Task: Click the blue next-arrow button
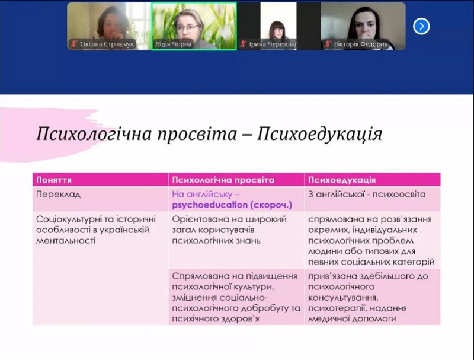[x=421, y=26]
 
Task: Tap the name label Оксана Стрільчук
[x=107, y=44]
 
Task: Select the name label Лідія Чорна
[x=173, y=44]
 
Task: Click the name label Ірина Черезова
[x=273, y=44]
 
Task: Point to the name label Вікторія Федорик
[x=361, y=44]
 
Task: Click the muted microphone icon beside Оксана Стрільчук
[x=73, y=44]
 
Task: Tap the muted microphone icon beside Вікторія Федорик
[x=327, y=44]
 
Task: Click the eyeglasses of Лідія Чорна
[x=188, y=28]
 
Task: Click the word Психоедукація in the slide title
[x=319, y=134]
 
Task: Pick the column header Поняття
[x=54, y=180]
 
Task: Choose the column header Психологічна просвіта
[x=223, y=180]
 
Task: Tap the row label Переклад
[x=58, y=194]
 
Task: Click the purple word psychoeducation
[x=210, y=205]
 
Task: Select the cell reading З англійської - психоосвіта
[x=367, y=194]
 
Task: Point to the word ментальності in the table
[x=66, y=241]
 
